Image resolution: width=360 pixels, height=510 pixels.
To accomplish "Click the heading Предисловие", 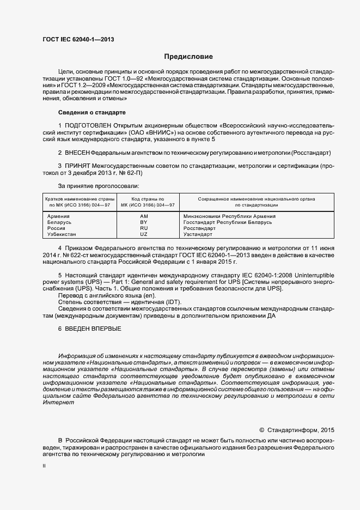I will (188, 57).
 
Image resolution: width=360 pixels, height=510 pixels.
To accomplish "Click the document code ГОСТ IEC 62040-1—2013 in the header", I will (78, 39).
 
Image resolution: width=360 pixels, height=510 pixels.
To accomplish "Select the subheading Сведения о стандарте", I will (92, 112).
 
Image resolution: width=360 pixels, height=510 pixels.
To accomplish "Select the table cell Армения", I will (59, 216).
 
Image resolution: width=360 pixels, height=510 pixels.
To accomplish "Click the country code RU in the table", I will (144, 228).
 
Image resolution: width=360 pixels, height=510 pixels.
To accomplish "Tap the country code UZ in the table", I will (144, 234).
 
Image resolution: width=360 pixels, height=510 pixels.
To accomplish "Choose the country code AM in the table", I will (144, 216).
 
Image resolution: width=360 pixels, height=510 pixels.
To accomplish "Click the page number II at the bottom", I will (44, 467).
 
